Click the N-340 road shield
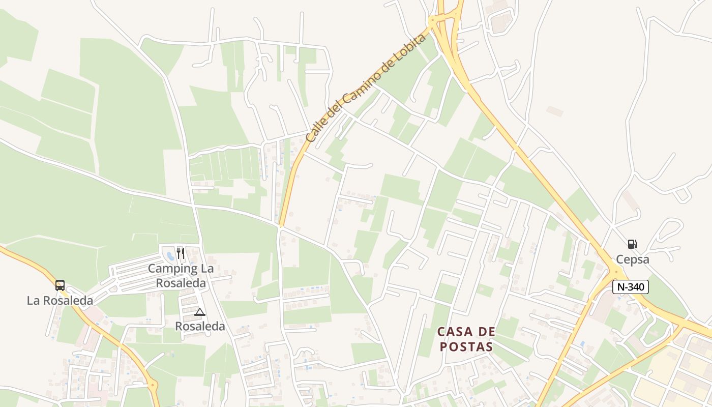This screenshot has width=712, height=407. (630, 287)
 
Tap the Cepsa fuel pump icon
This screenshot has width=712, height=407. (633, 244)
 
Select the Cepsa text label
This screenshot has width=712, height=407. (633, 259)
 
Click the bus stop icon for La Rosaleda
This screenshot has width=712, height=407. (60, 285)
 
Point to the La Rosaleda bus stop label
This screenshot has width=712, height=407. (60, 301)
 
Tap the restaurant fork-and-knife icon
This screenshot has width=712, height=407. (181, 253)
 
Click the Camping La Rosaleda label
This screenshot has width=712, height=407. (181, 275)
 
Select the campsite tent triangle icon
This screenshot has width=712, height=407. (200, 311)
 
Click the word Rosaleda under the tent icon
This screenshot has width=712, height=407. (200, 326)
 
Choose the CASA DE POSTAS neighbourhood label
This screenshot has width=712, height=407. (466, 339)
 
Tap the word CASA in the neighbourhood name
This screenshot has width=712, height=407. (453, 332)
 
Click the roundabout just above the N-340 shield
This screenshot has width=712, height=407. (617, 270)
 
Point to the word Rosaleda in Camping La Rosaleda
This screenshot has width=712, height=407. (181, 283)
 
